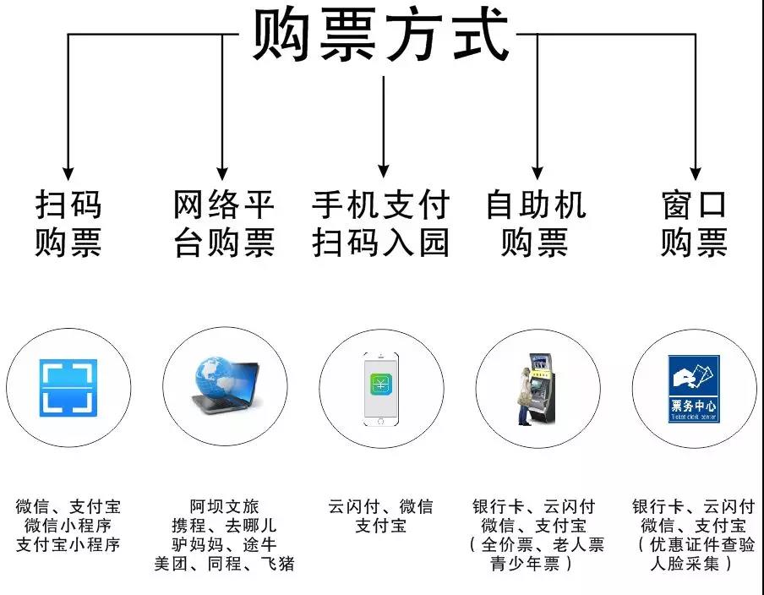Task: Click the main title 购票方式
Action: [x=380, y=35]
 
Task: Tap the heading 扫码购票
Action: [x=68, y=223]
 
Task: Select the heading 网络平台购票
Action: [x=224, y=223]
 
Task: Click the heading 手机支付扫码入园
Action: [x=380, y=223]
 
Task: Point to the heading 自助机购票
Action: [x=536, y=223]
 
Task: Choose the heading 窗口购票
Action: [x=695, y=223]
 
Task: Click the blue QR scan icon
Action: [x=68, y=388]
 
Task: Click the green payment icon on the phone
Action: [x=380, y=386]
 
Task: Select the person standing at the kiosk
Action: [x=524, y=396]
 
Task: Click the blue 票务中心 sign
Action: [x=694, y=389]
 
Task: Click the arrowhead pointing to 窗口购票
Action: [x=696, y=173]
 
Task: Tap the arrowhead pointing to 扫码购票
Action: [x=68, y=173]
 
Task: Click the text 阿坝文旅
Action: [x=224, y=506]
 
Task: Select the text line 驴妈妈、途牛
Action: [x=224, y=544]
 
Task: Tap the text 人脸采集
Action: [x=685, y=564]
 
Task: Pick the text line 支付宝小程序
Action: [x=68, y=544]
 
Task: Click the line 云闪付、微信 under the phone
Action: [x=380, y=506]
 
